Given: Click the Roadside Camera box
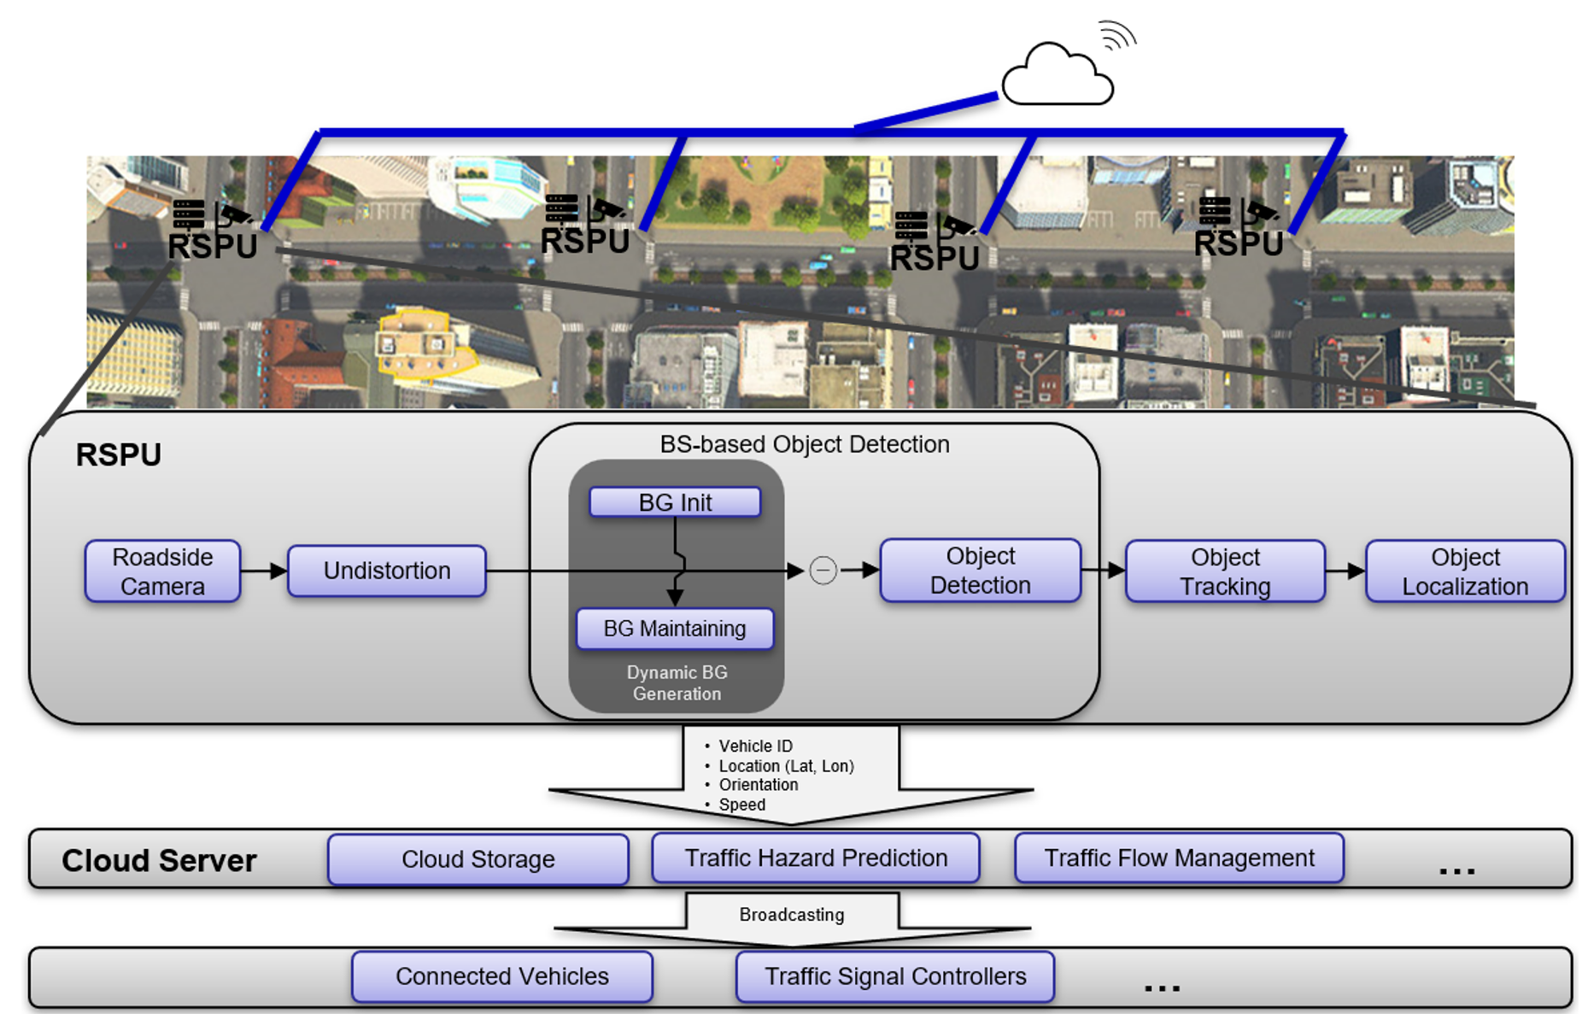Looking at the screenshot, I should click(162, 571).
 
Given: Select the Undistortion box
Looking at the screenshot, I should click(387, 571).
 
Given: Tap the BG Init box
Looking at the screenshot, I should click(675, 502).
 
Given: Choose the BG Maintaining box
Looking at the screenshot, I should click(675, 629).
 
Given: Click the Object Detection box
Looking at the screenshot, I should click(980, 571).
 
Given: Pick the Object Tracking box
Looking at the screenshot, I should click(1225, 571).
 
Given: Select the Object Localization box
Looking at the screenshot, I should click(1465, 571).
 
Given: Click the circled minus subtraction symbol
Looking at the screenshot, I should click(823, 570).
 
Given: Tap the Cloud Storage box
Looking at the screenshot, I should click(478, 859).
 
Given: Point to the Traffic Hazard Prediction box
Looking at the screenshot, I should click(816, 858).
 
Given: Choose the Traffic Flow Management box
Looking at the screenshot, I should click(1179, 858).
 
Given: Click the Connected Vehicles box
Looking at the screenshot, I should click(502, 976).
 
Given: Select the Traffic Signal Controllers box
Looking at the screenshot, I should click(895, 976).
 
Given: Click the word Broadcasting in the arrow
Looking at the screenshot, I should click(792, 915).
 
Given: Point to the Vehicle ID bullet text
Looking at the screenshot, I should click(755, 747).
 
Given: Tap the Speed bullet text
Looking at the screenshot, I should click(741, 805).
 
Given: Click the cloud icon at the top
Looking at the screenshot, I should click(1058, 77).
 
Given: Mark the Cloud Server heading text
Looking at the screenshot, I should click(159, 860).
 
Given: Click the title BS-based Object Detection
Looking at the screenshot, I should click(805, 444).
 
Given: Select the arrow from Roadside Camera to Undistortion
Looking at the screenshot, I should click(264, 571).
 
